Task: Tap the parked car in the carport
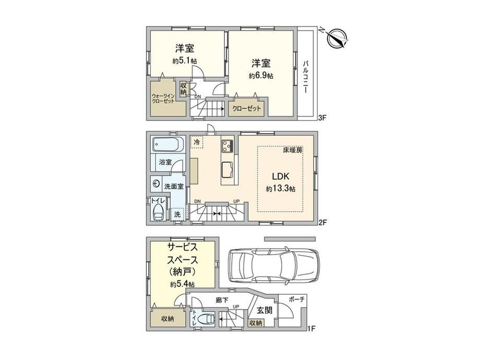click(x=274, y=265)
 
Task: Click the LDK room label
click(x=280, y=176)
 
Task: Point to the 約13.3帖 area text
click(x=280, y=189)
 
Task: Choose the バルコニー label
click(x=306, y=77)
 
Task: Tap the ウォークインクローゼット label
click(x=163, y=99)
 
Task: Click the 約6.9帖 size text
click(x=261, y=76)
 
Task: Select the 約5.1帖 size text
click(x=184, y=61)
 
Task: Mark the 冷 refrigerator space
click(x=197, y=142)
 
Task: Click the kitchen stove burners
click(x=227, y=146)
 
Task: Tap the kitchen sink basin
click(x=227, y=169)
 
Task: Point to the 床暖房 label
click(x=293, y=151)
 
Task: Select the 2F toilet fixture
click(x=158, y=212)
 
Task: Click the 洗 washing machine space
click(x=177, y=214)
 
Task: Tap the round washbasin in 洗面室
click(x=156, y=184)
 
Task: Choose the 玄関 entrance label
click(x=264, y=310)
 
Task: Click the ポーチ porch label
click(x=297, y=299)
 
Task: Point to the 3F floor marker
click(x=322, y=117)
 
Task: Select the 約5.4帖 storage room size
click(x=183, y=284)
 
